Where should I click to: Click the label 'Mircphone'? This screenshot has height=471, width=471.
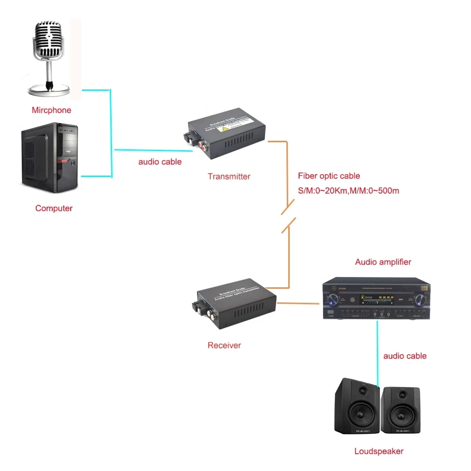[51, 110]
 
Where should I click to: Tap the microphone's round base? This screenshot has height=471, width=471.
[49, 89]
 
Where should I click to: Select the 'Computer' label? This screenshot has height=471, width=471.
[54, 208]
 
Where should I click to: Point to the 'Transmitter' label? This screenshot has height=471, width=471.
[229, 177]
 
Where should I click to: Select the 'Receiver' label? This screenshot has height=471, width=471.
[224, 345]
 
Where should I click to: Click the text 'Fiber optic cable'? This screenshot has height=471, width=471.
[329, 176]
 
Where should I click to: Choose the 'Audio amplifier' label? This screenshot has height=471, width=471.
[383, 262]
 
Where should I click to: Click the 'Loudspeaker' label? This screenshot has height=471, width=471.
[379, 451]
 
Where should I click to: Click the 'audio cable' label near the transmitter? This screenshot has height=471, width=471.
[160, 162]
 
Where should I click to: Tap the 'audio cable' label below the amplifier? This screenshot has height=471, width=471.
[405, 356]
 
